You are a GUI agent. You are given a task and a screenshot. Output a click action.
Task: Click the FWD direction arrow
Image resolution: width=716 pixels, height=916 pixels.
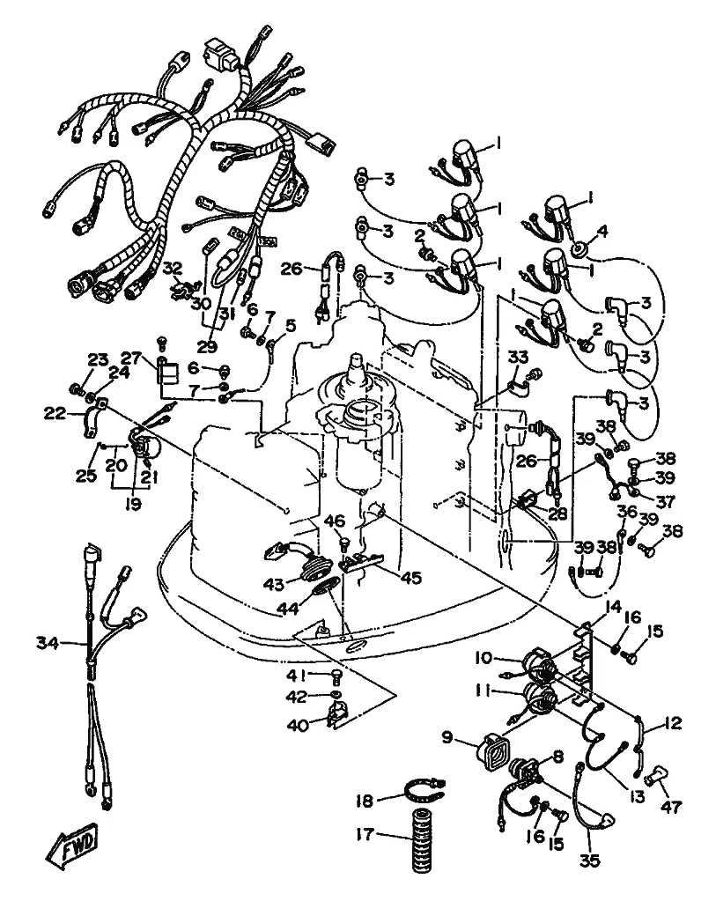[x=72, y=845]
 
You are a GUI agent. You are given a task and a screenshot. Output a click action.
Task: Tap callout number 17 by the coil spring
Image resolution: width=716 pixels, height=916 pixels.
[x=364, y=834]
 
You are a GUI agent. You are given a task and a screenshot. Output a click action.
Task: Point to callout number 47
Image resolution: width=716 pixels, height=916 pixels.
[x=671, y=807]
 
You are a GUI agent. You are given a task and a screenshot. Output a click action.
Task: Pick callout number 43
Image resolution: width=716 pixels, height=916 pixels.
[x=274, y=584]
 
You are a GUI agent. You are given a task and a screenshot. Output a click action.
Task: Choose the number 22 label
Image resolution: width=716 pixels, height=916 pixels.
[x=55, y=413]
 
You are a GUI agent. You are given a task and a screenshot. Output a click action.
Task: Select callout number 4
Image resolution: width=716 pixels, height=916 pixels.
[x=602, y=232]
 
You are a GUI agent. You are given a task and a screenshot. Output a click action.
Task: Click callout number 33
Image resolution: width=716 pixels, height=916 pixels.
[x=518, y=357]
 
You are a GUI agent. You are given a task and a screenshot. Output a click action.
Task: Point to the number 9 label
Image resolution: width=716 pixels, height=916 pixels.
[x=447, y=737]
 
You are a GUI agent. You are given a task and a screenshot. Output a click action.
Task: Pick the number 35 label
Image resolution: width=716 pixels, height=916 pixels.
[x=589, y=861]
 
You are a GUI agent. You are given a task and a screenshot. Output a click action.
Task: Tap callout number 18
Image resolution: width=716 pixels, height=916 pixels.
[x=364, y=801]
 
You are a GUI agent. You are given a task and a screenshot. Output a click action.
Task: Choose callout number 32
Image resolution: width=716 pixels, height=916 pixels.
[x=173, y=268]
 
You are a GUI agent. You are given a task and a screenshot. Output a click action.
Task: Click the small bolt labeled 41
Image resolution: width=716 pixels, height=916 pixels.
[x=336, y=676]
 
